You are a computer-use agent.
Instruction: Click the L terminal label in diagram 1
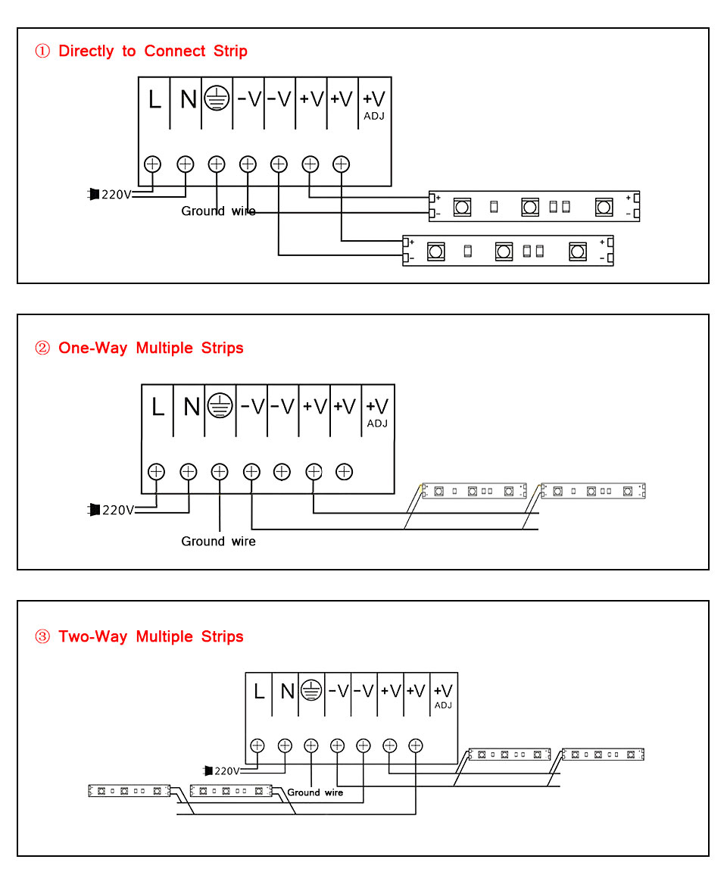tap(154, 99)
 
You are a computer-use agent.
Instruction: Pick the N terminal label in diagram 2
tap(191, 407)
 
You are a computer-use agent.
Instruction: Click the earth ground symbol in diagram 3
tap(311, 690)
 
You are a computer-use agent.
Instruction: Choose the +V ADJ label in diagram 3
tap(443, 695)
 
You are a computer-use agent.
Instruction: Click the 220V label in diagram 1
tap(117, 195)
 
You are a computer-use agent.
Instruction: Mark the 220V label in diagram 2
tap(118, 510)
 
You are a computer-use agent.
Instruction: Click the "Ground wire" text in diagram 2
tap(218, 541)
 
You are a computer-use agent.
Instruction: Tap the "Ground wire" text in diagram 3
tap(315, 792)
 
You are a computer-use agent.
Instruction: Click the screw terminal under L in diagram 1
tap(153, 164)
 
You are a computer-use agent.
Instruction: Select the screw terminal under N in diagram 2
tap(188, 472)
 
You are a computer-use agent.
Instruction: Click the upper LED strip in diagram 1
tap(535, 206)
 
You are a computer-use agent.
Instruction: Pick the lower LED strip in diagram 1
tap(507, 251)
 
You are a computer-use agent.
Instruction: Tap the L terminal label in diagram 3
tap(259, 691)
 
